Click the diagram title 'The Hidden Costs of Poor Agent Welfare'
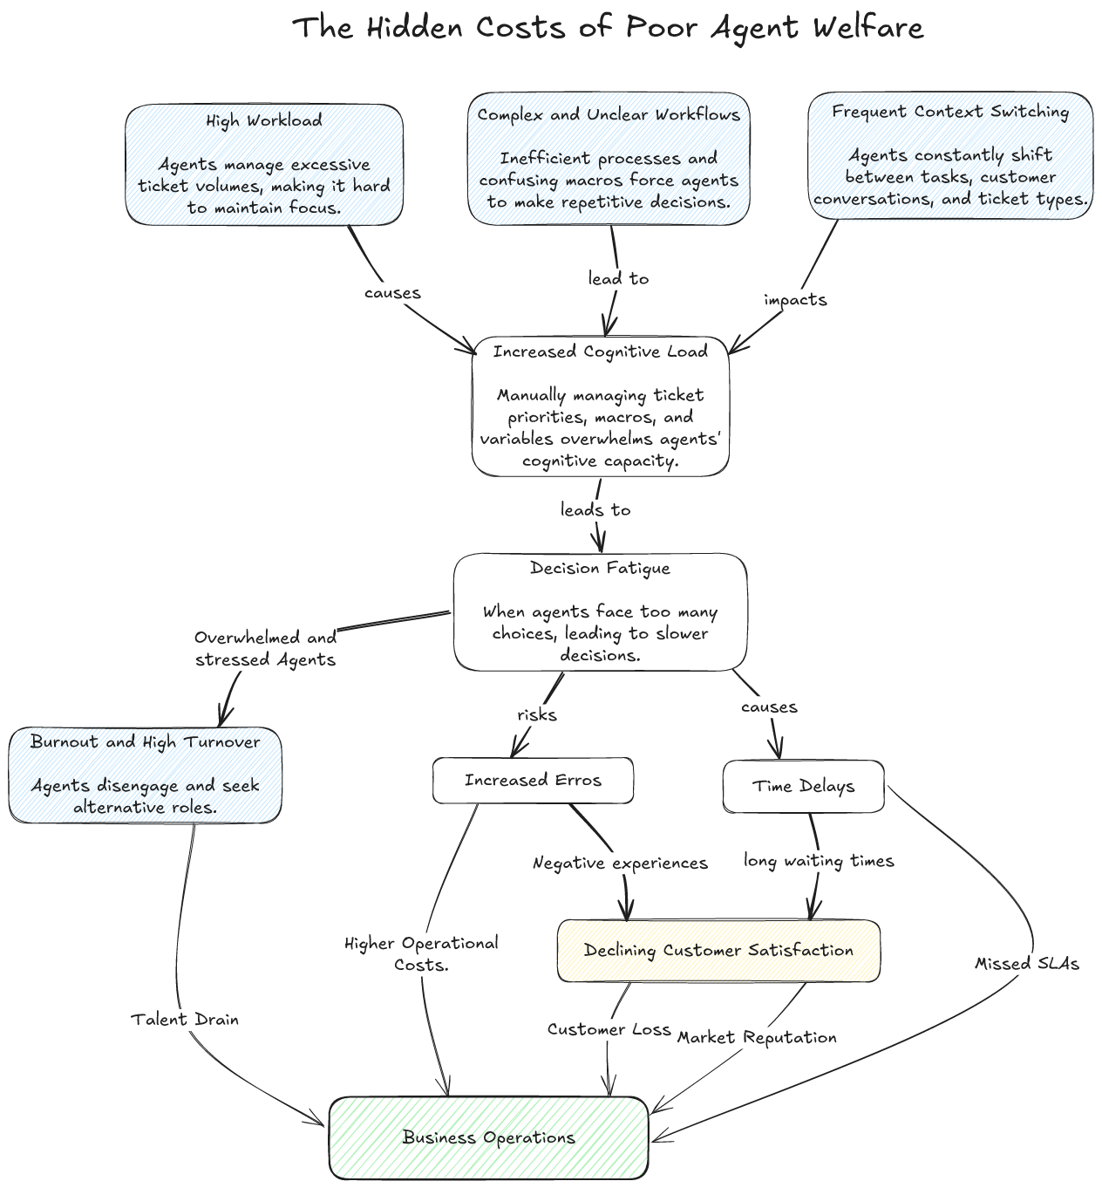click(608, 28)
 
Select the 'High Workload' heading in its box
click(264, 120)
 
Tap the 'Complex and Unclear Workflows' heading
click(609, 114)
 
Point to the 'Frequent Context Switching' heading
click(949, 112)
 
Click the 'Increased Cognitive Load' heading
click(600, 352)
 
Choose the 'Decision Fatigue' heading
click(600, 568)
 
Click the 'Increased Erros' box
click(533, 780)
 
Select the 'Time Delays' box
click(803, 786)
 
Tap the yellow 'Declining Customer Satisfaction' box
click(718, 950)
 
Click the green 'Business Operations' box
click(488, 1137)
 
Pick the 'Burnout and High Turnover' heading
click(145, 741)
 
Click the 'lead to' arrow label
click(618, 278)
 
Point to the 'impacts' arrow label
click(795, 299)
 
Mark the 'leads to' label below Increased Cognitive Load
click(595, 509)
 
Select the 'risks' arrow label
click(536, 714)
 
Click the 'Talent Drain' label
click(185, 1019)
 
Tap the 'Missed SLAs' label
click(1026, 963)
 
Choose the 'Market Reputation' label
click(757, 1037)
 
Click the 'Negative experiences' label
click(620, 863)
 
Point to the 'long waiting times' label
click(819, 861)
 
